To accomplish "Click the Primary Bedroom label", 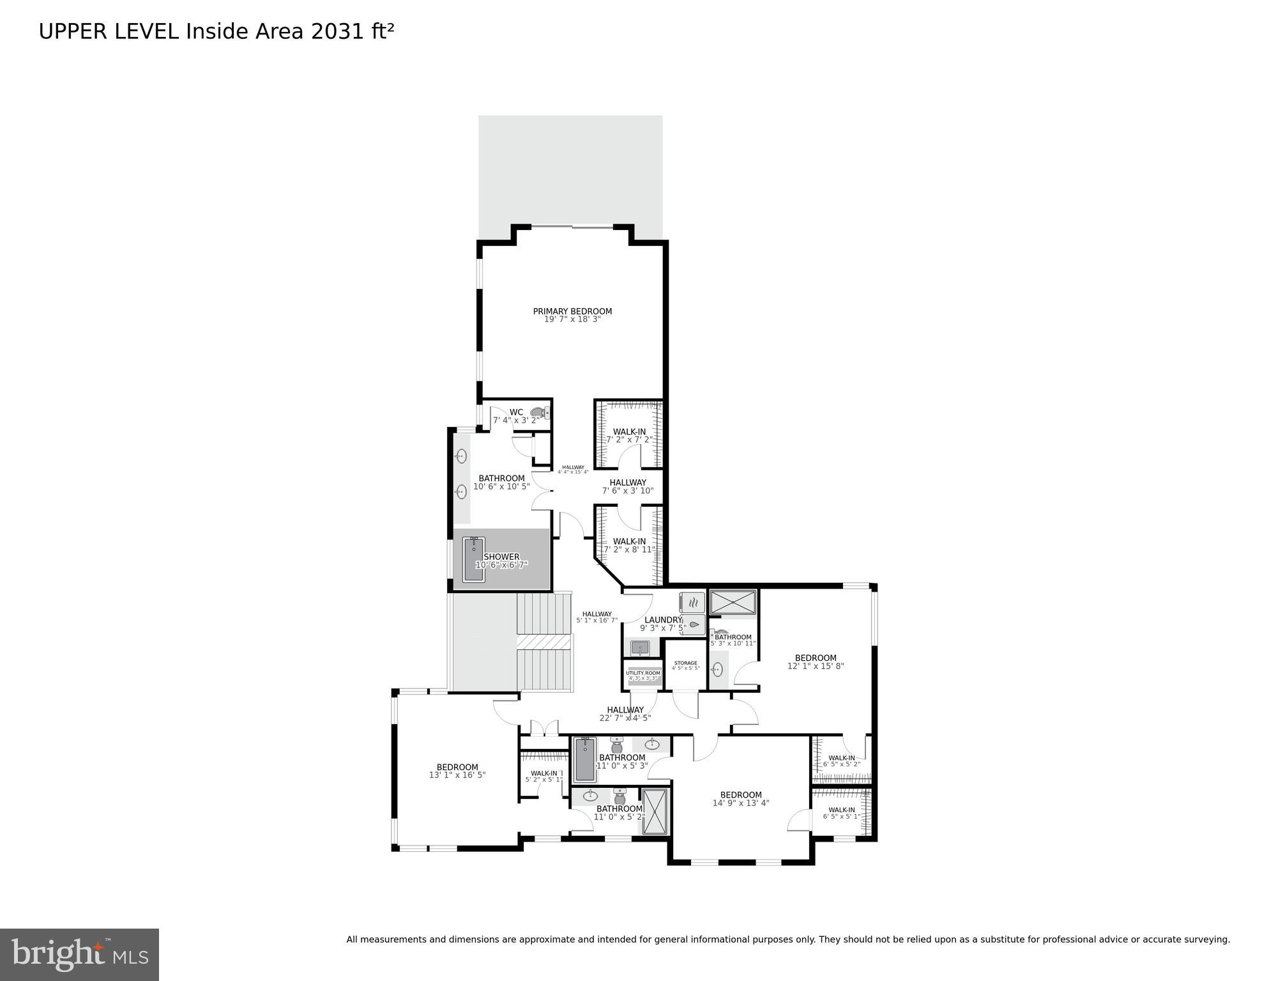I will (572, 315).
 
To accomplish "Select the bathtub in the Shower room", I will (473, 559).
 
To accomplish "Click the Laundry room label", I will (663, 624).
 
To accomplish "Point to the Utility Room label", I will (643, 675).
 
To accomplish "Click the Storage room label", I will (685, 665).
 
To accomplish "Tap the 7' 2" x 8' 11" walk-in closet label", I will (629, 545).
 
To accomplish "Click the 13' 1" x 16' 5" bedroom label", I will (457, 771).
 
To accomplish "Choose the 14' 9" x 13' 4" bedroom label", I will (741, 799).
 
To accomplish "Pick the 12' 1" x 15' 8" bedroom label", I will (816, 661).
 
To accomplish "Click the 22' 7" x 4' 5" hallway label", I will (625, 713).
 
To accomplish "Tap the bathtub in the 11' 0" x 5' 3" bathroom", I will (584, 760).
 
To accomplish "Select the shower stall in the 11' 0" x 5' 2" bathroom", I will (655, 812).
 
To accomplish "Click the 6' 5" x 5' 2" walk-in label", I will (841, 761).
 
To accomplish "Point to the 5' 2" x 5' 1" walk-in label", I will (543, 776).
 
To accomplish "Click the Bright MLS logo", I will (79, 954).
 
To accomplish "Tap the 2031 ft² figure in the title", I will (352, 31).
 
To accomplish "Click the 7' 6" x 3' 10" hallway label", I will (628, 486).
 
